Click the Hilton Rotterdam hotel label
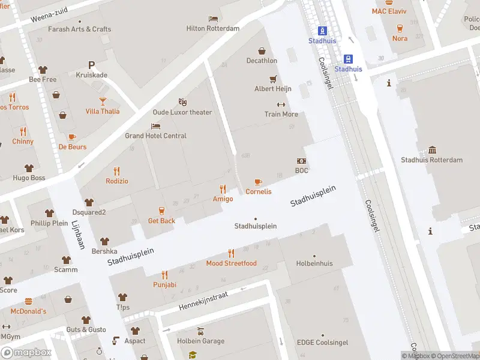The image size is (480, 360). coord(213,28)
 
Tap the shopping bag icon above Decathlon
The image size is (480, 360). coord(262,51)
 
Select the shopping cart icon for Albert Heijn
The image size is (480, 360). coord(273,79)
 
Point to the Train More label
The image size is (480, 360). coord(281,114)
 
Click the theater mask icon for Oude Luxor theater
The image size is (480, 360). coord(182,103)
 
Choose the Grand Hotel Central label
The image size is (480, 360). coord(155,136)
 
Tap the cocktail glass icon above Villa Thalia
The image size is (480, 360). coord(102,101)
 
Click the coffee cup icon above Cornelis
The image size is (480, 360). coord(258,182)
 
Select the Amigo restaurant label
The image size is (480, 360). coord(223,199)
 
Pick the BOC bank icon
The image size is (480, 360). coord(301,161)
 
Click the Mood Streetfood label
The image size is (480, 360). coord(231,263)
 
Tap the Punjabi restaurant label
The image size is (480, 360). coord(164,284)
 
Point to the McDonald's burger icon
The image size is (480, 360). coord(28,301)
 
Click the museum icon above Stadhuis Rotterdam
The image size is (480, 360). coord(432,150)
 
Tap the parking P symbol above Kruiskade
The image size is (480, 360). coord(91,65)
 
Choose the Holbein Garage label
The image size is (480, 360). coord(200,341)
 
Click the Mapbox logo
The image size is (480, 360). coord(26,353)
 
